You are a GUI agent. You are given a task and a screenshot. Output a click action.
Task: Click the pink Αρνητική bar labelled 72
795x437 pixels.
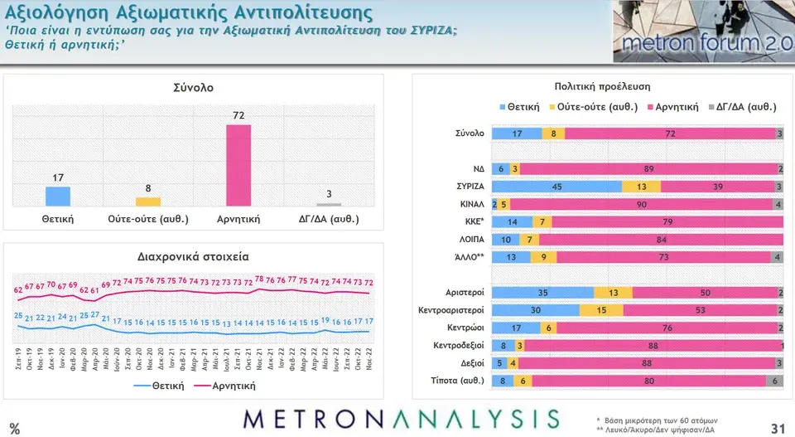[x=238, y=164]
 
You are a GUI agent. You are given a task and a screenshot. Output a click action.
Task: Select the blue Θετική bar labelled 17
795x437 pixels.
[x=58, y=196]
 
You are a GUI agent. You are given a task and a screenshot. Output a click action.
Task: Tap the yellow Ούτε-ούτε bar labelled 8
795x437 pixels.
[x=148, y=202]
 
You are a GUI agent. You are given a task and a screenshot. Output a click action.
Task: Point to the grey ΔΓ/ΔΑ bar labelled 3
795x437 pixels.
[x=329, y=204]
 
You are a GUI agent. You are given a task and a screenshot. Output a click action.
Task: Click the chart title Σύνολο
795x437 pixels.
[x=193, y=88]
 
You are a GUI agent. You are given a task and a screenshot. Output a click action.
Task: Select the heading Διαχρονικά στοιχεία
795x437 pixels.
[x=193, y=256]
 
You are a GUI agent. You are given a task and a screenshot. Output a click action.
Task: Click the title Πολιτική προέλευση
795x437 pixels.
[x=602, y=86]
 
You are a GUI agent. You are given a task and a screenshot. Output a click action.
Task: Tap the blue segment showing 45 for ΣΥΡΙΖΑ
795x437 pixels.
[x=556, y=187]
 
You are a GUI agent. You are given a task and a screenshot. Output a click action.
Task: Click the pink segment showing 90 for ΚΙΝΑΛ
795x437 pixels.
[x=642, y=204]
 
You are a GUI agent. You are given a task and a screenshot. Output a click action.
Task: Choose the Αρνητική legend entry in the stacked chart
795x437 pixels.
[x=672, y=107]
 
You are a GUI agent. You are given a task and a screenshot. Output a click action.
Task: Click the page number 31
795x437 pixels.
[x=777, y=427]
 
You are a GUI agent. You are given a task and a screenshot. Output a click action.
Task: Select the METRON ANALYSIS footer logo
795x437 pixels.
[x=401, y=419]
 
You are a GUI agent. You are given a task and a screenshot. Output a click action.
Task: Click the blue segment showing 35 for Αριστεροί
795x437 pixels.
[x=543, y=292]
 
